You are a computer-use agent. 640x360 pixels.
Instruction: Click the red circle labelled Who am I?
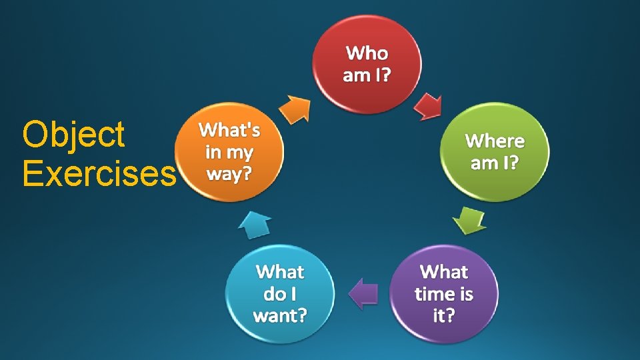tap(367, 63)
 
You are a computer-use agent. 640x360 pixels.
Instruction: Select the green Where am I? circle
tap(495, 151)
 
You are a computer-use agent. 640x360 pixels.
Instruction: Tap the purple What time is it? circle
tap(444, 293)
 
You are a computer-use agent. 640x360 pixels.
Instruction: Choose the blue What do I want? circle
tap(280, 293)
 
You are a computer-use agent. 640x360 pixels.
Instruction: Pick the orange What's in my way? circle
tap(229, 151)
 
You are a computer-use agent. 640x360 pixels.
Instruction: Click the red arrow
tap(427, 106)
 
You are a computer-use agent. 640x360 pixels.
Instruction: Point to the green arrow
tap(470, 220)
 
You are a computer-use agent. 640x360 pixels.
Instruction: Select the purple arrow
tap(364, 293)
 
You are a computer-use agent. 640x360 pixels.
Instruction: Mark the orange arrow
tap(295, 109)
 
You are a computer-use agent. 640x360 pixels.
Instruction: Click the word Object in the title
tap(73, 134)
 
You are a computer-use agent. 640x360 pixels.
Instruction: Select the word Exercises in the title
tap(99, 173)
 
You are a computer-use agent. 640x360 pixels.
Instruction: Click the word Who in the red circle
tap(367, 52)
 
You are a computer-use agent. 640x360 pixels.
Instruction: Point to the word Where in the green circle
tap(495, 141)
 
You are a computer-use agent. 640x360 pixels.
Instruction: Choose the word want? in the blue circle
tap(280, 314)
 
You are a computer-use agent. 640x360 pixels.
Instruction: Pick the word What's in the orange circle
tap(229, 130)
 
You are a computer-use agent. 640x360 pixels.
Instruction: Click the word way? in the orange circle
tap(229, 173)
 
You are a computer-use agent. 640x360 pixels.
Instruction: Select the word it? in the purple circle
tap(444, 315)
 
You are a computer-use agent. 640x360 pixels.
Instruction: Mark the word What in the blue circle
tap(280, 272)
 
